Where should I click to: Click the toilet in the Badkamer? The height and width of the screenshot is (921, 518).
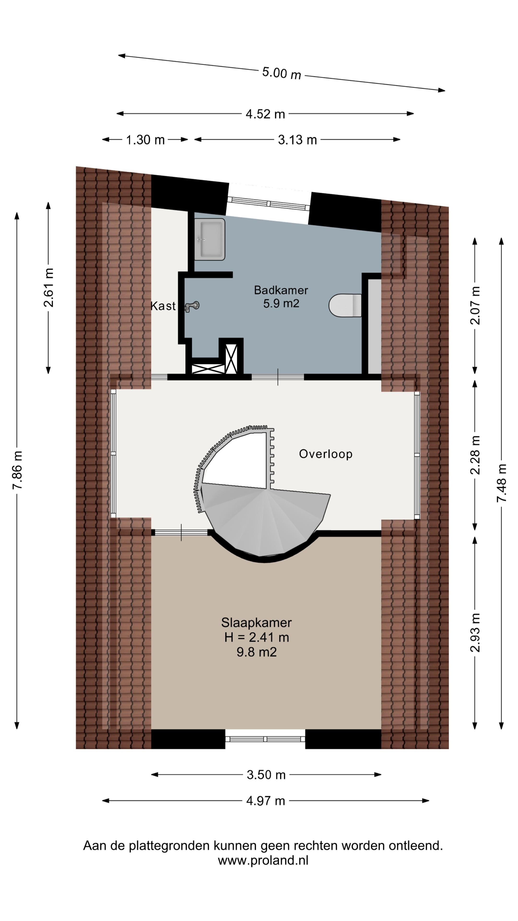[345, 305]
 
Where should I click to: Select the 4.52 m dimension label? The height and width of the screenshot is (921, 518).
[265, 114]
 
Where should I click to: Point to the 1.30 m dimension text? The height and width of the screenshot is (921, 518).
[145, 140]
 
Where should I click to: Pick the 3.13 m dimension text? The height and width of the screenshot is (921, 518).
[297, 140]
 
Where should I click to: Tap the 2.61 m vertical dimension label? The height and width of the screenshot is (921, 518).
[49, 288]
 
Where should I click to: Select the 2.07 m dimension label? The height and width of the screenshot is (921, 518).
[475, 305]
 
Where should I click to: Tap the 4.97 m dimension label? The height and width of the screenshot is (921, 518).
[266, 801]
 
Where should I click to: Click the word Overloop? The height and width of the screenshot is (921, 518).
[326, 454]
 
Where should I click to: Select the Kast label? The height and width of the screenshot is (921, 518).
[163, 306]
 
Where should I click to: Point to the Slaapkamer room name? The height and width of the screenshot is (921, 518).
[256, 623]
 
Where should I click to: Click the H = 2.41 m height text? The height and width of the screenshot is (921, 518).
[256, 638]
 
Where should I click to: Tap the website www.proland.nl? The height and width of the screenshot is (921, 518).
[263, 861]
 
